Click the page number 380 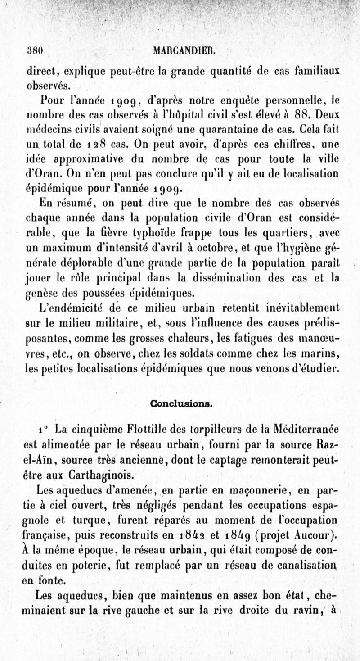point(35,51)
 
